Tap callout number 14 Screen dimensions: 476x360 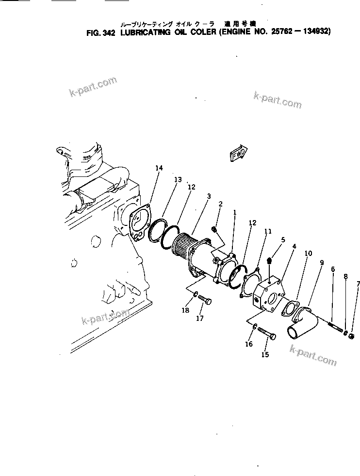pos(159,168)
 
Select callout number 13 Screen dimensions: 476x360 pos(178,179)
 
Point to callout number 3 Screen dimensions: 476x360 pos(208,196)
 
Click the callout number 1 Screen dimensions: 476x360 pos(234,212)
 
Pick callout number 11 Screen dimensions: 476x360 pos(267,232)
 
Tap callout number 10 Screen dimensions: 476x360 pos(308,254)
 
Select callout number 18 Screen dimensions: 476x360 pos(185,310)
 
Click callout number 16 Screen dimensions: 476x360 pos(248,344)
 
